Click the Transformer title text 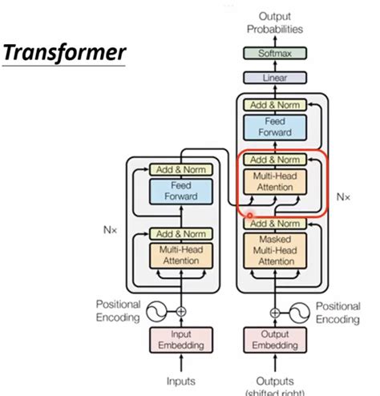click(63, 54)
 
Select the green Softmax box click(274, 54)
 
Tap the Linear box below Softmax click(274, 79)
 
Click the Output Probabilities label click(274, 22)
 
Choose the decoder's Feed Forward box click(274, 127)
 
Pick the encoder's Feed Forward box click(182, 190)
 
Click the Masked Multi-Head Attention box click(274, 249)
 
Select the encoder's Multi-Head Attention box click(182, 255)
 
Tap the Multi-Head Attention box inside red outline click(274, 180)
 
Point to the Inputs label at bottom click(182, 381)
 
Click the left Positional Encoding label click(119, 312)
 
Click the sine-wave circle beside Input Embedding click(157, 310)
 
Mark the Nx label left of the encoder click(110, 228)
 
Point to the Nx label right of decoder click(342, 195)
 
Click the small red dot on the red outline click(250, 215)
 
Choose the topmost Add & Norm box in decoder click(274, 105)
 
